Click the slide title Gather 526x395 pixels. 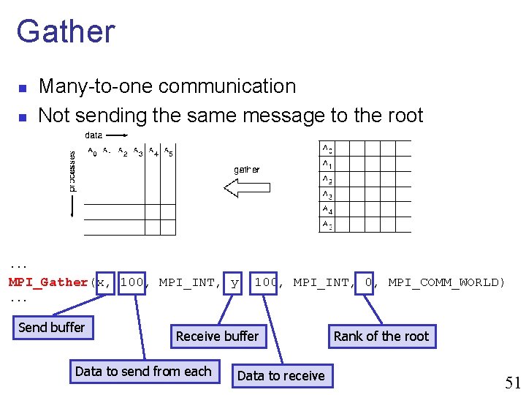click(66, 31)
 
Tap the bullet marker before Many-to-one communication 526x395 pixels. click(23, 89)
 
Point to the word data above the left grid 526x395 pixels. click(94, 135)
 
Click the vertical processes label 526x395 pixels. click(72, 171)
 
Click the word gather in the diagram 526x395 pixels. click(246, 169)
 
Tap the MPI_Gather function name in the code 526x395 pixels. click(48, 282)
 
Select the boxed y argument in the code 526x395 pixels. click(234, 282)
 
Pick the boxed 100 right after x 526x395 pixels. click(131, 282)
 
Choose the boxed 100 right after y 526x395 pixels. click(266, 282)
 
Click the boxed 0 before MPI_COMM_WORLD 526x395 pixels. click(369, 282)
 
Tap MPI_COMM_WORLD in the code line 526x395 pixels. click(446, 282)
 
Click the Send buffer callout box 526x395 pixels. click(52, 328)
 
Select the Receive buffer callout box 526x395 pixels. click(217, 336)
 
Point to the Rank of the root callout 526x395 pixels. click(381, 336)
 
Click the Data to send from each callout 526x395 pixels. click(143, 372)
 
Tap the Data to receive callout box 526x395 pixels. click(281, 376)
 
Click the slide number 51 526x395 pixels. click(513, 383)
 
